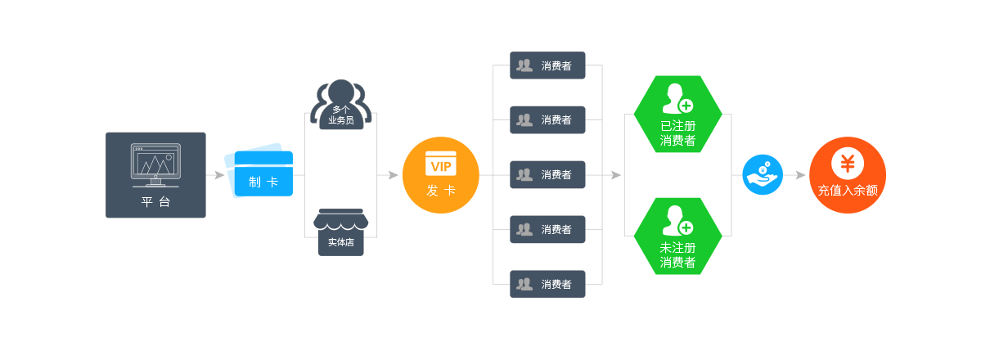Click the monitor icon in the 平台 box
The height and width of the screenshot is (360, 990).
(155, 163)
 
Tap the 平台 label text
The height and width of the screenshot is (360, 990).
(155, 202)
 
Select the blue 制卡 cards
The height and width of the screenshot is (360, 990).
(259, 173)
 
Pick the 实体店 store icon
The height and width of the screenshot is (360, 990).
(341, 233)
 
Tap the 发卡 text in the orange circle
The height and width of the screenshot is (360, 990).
(440, 191)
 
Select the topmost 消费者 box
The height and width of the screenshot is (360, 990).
(547, 65)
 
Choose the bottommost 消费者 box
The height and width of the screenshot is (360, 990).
(547, 284)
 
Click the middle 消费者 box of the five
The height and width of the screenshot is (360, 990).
(547, 174)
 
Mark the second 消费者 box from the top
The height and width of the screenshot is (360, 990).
(547, 119)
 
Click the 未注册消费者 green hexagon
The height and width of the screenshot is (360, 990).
(677, 236)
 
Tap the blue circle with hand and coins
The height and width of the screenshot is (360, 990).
(762, 174)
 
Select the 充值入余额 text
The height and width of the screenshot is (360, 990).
(847, 191)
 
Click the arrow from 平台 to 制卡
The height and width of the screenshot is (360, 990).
(216, 174)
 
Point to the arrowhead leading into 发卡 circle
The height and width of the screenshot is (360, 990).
(394, 174)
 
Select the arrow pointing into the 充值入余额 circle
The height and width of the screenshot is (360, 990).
(799, 174)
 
